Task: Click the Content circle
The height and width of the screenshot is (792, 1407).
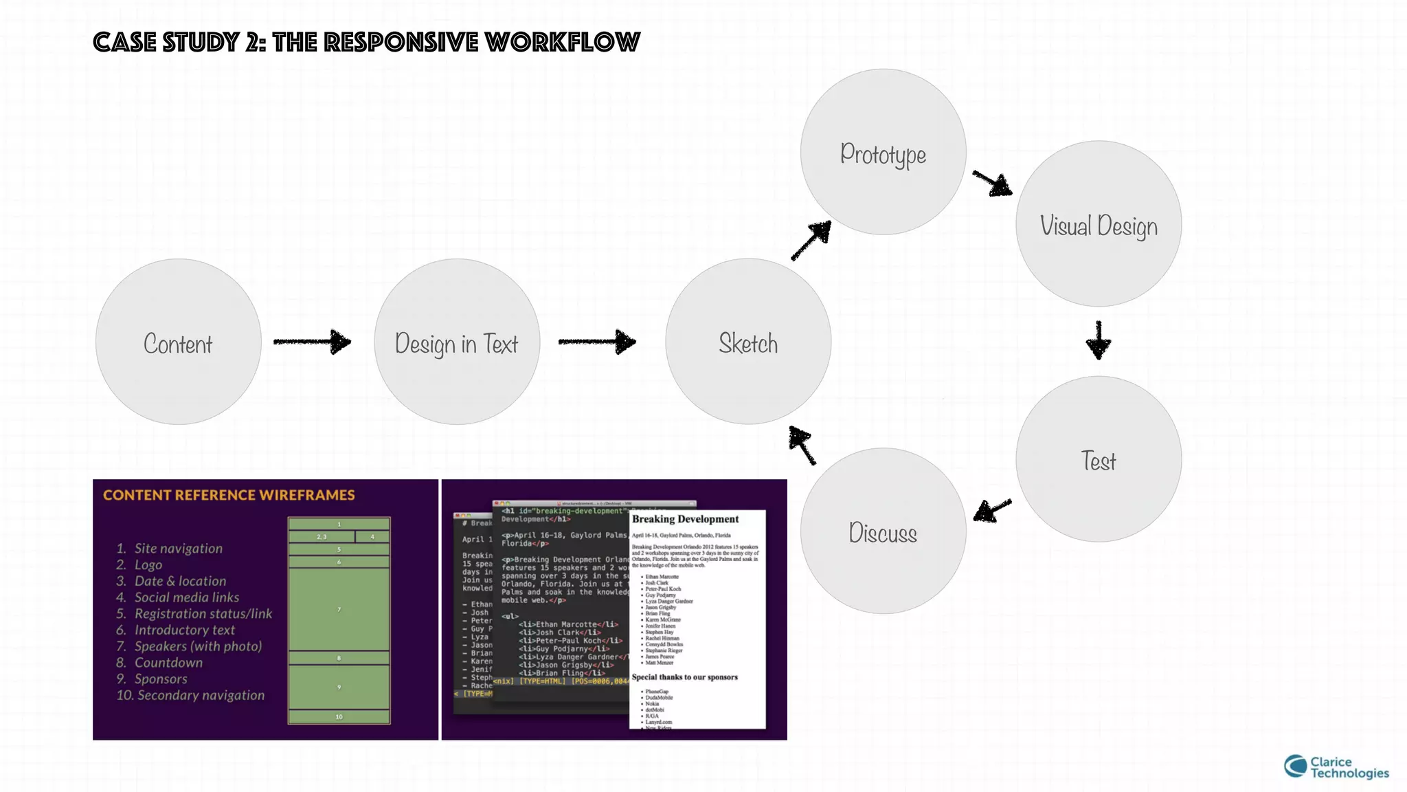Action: [178, 342]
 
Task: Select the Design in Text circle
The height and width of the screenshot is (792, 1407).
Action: [457, 342]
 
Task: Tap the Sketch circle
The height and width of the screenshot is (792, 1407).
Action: [748, 342]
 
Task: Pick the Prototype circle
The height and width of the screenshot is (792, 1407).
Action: [883, 152]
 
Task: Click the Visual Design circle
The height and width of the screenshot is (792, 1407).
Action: [1099, 224]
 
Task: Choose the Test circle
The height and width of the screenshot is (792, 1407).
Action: [1099, 459]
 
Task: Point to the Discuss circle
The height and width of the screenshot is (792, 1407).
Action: [883, 531]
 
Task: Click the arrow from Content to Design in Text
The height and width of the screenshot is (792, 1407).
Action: [313, 342]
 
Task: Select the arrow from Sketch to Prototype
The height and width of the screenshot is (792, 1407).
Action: [811, 241]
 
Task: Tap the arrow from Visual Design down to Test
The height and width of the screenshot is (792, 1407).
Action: [1099, 340]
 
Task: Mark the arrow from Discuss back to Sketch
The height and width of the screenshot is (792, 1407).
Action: [802, 445]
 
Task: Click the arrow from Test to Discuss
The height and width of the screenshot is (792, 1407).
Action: [993, 510]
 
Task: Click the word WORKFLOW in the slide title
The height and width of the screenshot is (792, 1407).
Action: [562, 43]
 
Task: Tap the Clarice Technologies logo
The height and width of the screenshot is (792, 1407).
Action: [1336, 767]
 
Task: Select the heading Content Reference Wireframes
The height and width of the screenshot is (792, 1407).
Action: [229, 495]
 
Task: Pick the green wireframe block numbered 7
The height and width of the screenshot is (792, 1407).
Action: [339, 610]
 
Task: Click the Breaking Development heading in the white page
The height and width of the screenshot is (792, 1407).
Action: [685, 519]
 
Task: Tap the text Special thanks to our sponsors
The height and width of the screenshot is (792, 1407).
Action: [684, 677]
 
